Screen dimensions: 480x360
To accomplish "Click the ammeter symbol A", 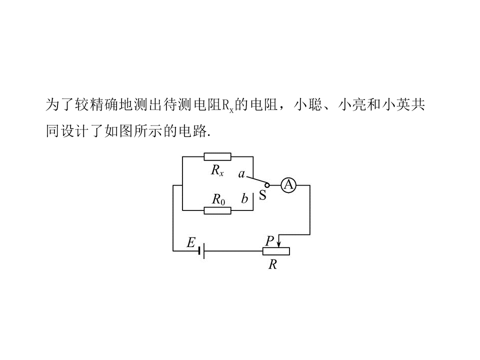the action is coord(288,185).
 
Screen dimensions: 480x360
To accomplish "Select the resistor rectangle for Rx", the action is coord(217,156).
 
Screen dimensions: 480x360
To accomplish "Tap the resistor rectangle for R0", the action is coord(217,210).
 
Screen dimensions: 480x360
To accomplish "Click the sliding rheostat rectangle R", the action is coord(276,251).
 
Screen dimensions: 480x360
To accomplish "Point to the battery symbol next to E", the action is coord(201,251).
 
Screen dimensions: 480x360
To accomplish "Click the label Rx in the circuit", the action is coord(217,170).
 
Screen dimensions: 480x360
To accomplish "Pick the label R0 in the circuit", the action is coord(218,199).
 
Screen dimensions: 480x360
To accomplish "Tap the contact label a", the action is coord(241,174).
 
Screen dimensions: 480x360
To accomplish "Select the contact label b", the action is coord(244,198).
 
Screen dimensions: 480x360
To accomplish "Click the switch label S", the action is coord(262,195).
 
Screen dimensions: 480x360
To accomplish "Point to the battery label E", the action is coord(191,242).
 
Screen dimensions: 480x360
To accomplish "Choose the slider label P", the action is coord(269,240).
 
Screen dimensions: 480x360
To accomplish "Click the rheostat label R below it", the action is coord(272,264).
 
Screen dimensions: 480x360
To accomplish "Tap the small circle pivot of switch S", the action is coord(267,185).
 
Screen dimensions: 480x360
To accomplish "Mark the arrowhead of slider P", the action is coord(278,244).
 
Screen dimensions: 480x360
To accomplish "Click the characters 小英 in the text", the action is coord(396,104).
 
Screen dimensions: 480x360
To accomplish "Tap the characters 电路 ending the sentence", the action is coord(192,131).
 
